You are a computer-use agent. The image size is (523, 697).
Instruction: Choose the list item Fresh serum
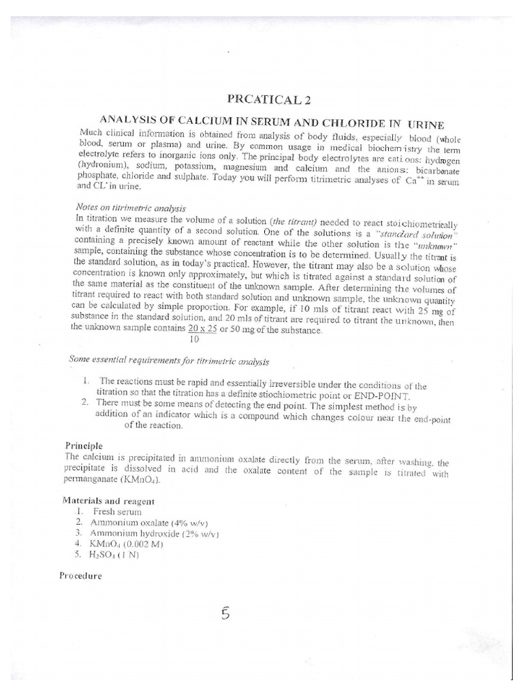(x=118, y=510)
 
